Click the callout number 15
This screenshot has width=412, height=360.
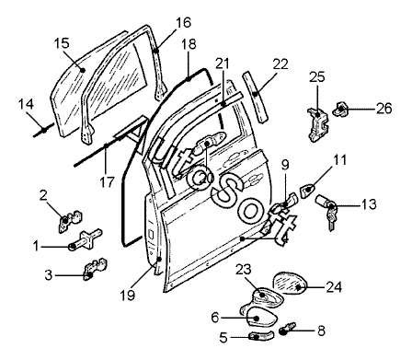pyautogui.click(x=62, y=43)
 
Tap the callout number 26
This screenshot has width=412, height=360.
pyautogui.click(x=384, y=109)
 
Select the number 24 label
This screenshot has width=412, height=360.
pyautogui.click(x=334, y=287)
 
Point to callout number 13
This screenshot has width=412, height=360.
pyautogui.click(x=369, y=204)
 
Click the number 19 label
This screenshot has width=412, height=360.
pyautogui.click(x=128, y=296)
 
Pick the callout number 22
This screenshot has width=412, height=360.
pyautogui.click(x=280, y=64)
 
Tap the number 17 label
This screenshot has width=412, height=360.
pyautogui.click(x=107, y=182)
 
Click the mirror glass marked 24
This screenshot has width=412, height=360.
pyautogui.click(x=290, y=283)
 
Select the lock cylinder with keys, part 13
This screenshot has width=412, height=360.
pyautogui.click(x=326, y=210)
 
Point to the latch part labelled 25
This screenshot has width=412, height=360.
pyautogui.click(x=318, y=123)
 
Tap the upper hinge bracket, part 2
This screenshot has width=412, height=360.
pyautogui.click(x=70, y=220)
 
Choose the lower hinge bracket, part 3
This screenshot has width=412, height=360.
pyautogui.click(x=95, y=268)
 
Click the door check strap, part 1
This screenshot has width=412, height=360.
pyautogui.click(x=85, y=240)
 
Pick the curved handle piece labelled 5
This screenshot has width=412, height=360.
pyautogui.click(x=262, y=336)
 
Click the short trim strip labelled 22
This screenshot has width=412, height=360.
pyautogui.click(x=256, y=97)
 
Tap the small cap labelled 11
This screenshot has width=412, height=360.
pyautogui.click(x=307, y=191)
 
